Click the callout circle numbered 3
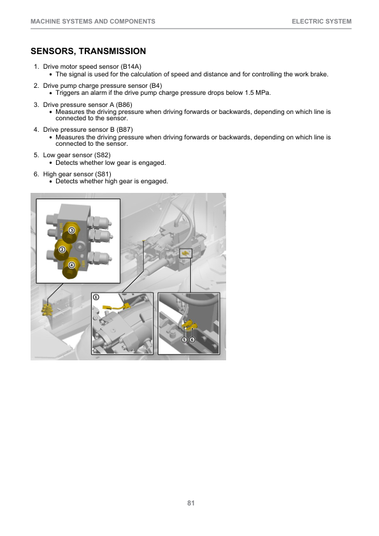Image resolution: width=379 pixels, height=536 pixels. (71, 230)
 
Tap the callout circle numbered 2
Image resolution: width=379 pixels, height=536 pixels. (62, 250)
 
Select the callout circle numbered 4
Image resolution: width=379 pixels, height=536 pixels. (71, 265)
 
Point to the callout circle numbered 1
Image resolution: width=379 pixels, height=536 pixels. (96, 297)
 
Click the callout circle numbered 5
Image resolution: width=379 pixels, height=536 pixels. (184, 339)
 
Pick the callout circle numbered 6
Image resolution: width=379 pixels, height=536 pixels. (192, 339)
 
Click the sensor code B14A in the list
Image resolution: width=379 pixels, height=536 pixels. (131, 67)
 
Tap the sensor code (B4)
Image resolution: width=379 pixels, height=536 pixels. (155, 85)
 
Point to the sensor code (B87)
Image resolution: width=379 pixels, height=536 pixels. (124, 130)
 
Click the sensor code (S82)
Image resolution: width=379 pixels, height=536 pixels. (103, 155)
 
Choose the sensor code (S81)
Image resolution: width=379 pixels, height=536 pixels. (103, 174)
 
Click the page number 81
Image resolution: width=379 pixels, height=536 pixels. (191, 503)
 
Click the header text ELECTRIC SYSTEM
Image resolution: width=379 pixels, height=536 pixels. (322, 22)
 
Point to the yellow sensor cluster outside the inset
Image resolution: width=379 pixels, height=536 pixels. (46, 309)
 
